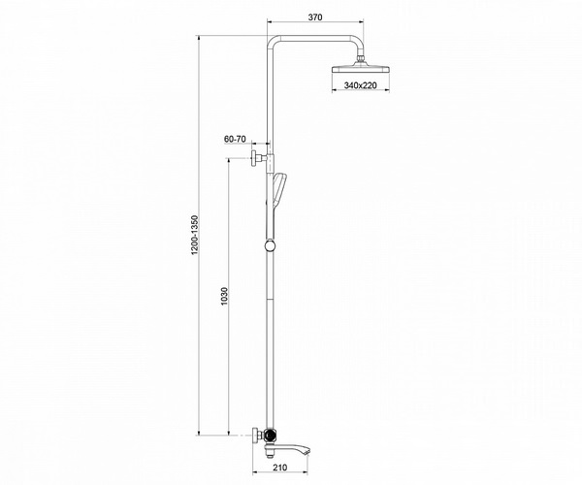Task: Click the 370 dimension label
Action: coord(315,16)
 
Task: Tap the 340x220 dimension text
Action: coord(361,85)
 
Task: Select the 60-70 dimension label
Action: coord(235,139)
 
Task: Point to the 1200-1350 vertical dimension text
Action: coord(195,235)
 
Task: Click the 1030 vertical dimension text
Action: coord(224,296)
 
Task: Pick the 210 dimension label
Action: coord(280,468)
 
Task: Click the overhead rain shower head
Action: coord(361,68)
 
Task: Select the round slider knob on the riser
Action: coord(270,245)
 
